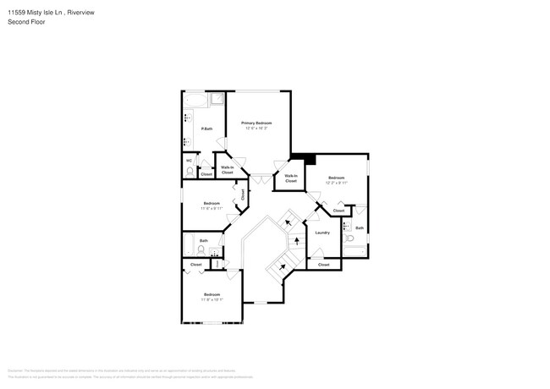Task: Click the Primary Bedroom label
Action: click(x=256, y=123)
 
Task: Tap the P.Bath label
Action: click(x=206, y=129)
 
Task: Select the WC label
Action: click(x=189, y=161)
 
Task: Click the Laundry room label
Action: click(x=322, y=233)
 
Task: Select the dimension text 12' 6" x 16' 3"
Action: click(x=256, y=129)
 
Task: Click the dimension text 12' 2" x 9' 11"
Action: click(x=337, y=183)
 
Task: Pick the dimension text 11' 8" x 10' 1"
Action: click(x=211, y=299)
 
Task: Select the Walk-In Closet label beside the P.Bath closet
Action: click(x=227, y=170)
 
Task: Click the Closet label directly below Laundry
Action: click(x=323, y=265)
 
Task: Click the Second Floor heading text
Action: click(x=27, y=22)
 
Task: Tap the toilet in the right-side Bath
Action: click(x=350, y=239)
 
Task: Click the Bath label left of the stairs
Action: click(x=204, y=240)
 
